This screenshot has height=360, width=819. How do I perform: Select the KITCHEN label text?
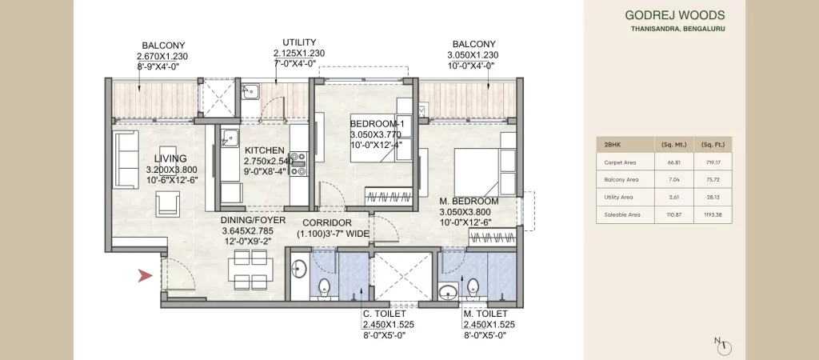pyautogui.click(x=265, y=150)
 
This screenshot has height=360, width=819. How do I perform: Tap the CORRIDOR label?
pyautogui.click(x=328, y=222)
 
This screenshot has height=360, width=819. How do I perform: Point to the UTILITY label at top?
pyautogui.click(x=299, y=42)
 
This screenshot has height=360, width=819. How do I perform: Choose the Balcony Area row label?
pyautogui.click(x=621, y=180)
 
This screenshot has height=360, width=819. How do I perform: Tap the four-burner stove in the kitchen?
pyautogui.click(x=298, y=162)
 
